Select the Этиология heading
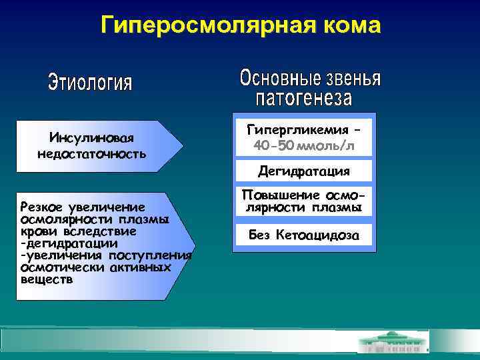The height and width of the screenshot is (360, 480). (91, 84)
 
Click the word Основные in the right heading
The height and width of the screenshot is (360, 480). (279, 79)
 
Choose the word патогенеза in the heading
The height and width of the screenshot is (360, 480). (304, 99)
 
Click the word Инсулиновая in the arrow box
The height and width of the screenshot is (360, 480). (91, 138)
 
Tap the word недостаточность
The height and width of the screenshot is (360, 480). (91, 154)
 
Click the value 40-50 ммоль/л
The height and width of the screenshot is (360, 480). (304, 145)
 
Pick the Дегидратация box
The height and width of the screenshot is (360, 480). (304, 171)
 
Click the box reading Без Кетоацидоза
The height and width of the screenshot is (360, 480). (304, 235)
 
